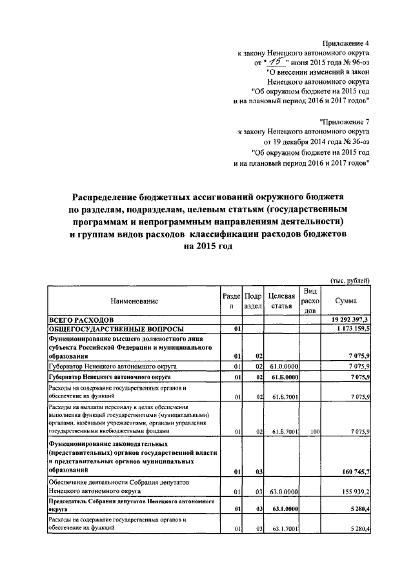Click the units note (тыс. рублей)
pos(349,280)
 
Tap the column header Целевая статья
pos(282,301)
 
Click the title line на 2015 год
pos(206,247)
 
